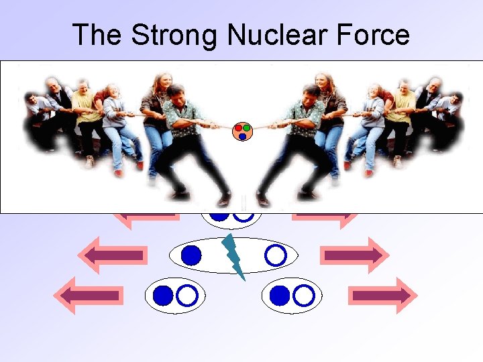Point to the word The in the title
98,35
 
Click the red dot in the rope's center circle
238,128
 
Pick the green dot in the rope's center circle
246,127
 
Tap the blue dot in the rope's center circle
242,136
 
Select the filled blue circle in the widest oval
192,255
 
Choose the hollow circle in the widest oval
275,255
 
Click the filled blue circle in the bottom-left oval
163,295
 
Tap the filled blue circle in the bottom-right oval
280,295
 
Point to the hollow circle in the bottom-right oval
304,295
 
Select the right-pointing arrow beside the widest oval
354,255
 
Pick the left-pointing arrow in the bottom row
89,295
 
